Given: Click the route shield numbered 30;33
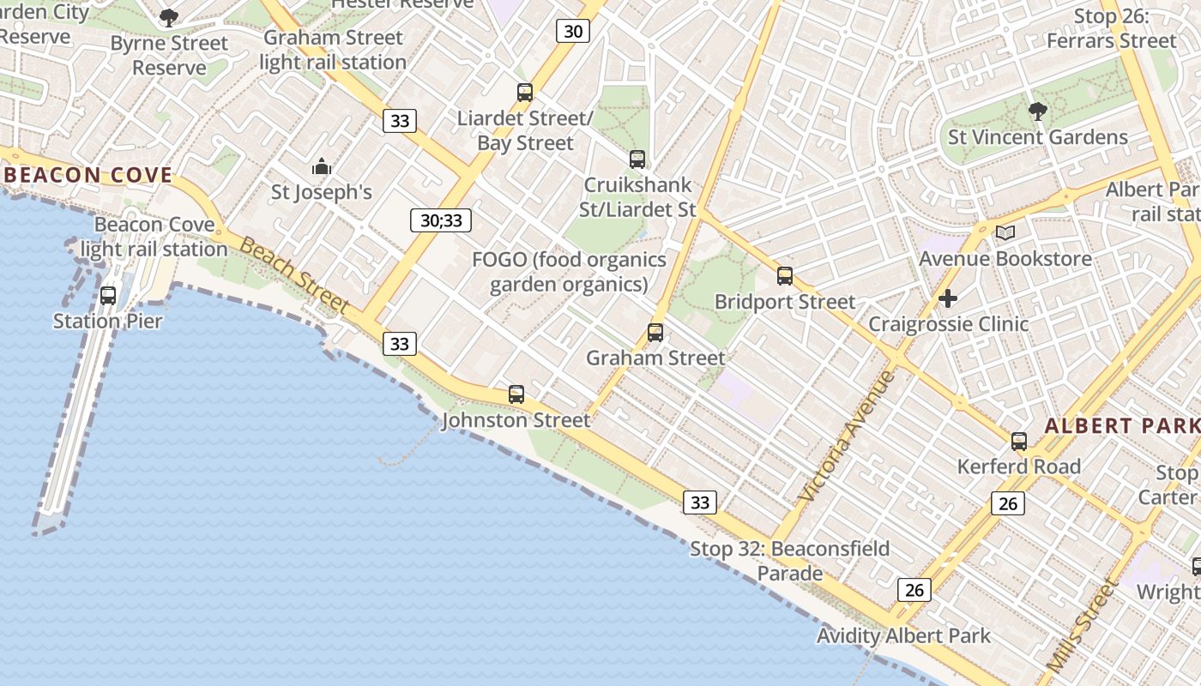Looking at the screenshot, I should click(441, 220).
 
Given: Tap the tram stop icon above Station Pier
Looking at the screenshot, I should click(108, 296).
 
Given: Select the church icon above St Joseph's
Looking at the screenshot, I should click(322, 166).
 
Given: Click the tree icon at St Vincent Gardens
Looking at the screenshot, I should click(1037, 111).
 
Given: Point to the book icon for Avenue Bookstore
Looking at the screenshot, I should click(1005, 232).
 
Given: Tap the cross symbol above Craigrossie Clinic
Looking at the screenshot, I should click(948, 298).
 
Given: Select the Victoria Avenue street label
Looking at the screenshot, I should click(846, 436).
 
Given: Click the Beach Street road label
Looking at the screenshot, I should click(294, 276).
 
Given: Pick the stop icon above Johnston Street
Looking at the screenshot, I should click(516, 394).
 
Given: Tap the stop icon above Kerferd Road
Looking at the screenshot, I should click(1019, 442).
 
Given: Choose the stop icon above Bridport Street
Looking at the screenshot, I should click(785, 276).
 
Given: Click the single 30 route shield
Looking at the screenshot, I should click(573, 32).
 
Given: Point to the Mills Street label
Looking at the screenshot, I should click(1082, 626).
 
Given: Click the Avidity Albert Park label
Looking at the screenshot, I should click(903, 636).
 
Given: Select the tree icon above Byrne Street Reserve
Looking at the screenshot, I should click(169, 17).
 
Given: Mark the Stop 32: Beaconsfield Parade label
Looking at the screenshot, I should click(790, 561).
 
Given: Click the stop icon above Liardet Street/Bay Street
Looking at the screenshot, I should click(525, 93).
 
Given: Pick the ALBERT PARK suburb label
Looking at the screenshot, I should click(1121, 426).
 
